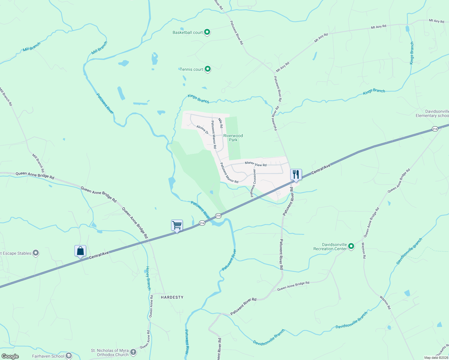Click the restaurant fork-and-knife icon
pyautogui.click(x=296, y=175)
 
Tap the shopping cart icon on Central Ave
pyautogui.click(x=177, y=225)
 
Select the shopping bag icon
pyautogui.click(x=80, y=251)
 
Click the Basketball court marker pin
pyautogui.click(x=207, y=32)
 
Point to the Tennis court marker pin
pyautogui.click(x=207, y=69)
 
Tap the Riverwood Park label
pyautogui.click(x=233, y=138)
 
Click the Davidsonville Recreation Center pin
pyautogui.click(x=351, y=247)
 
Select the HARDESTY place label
pyautogui.click(x=172, y=297)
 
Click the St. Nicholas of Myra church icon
pyautogui.click(x=133, y=352)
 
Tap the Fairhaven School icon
pyautogui.click(x=69, y=356)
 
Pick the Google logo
pyautogui.click(x=10, y=356)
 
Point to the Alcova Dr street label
pyautogui.click(x=202, y=129)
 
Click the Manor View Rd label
pyautogui.click(x=255, y=164)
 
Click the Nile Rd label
pyautogui.click(x=221, y=123)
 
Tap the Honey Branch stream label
pyautogui.click(x=148, y=278)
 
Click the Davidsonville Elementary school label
pyautogui.click(x=432, y=113)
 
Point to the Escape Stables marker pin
pyautogui.click(x=36, y=253)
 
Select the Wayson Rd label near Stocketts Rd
pyautogui.click(x=385, y=303)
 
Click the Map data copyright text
pyautogui.click(x=436, y=358)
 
